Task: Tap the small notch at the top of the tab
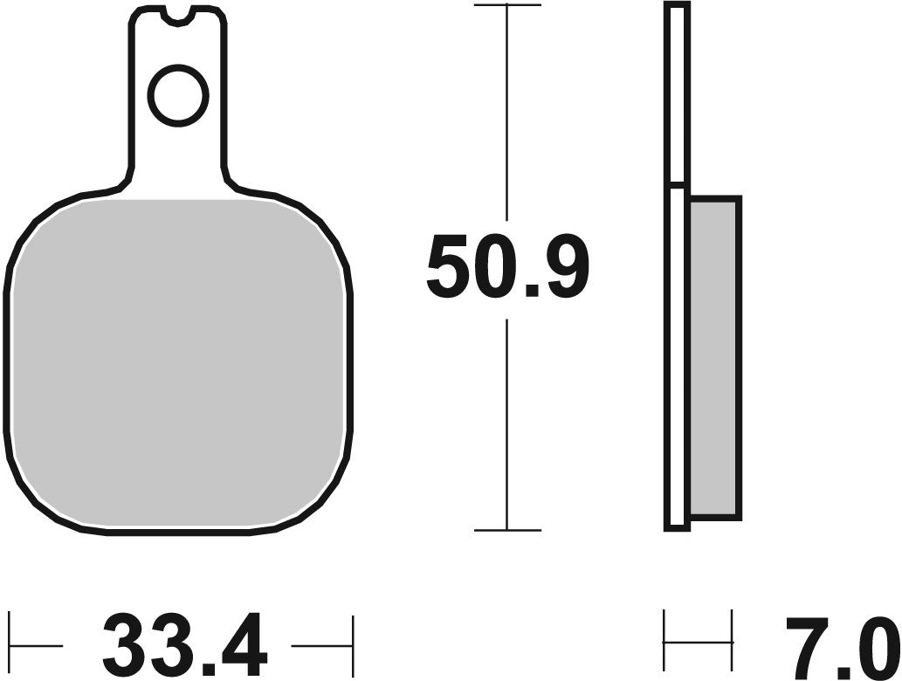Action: point(178,15)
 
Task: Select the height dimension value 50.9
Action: point(507,266)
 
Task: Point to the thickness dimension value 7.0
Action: point(841,647)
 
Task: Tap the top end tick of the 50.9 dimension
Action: point(507,5)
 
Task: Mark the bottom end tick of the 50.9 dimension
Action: point(507,530)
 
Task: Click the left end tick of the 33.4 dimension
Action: point(10,645)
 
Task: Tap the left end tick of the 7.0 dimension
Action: point(665,642)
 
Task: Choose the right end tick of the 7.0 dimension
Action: point(732,642)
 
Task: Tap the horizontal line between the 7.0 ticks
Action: point(699,643)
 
